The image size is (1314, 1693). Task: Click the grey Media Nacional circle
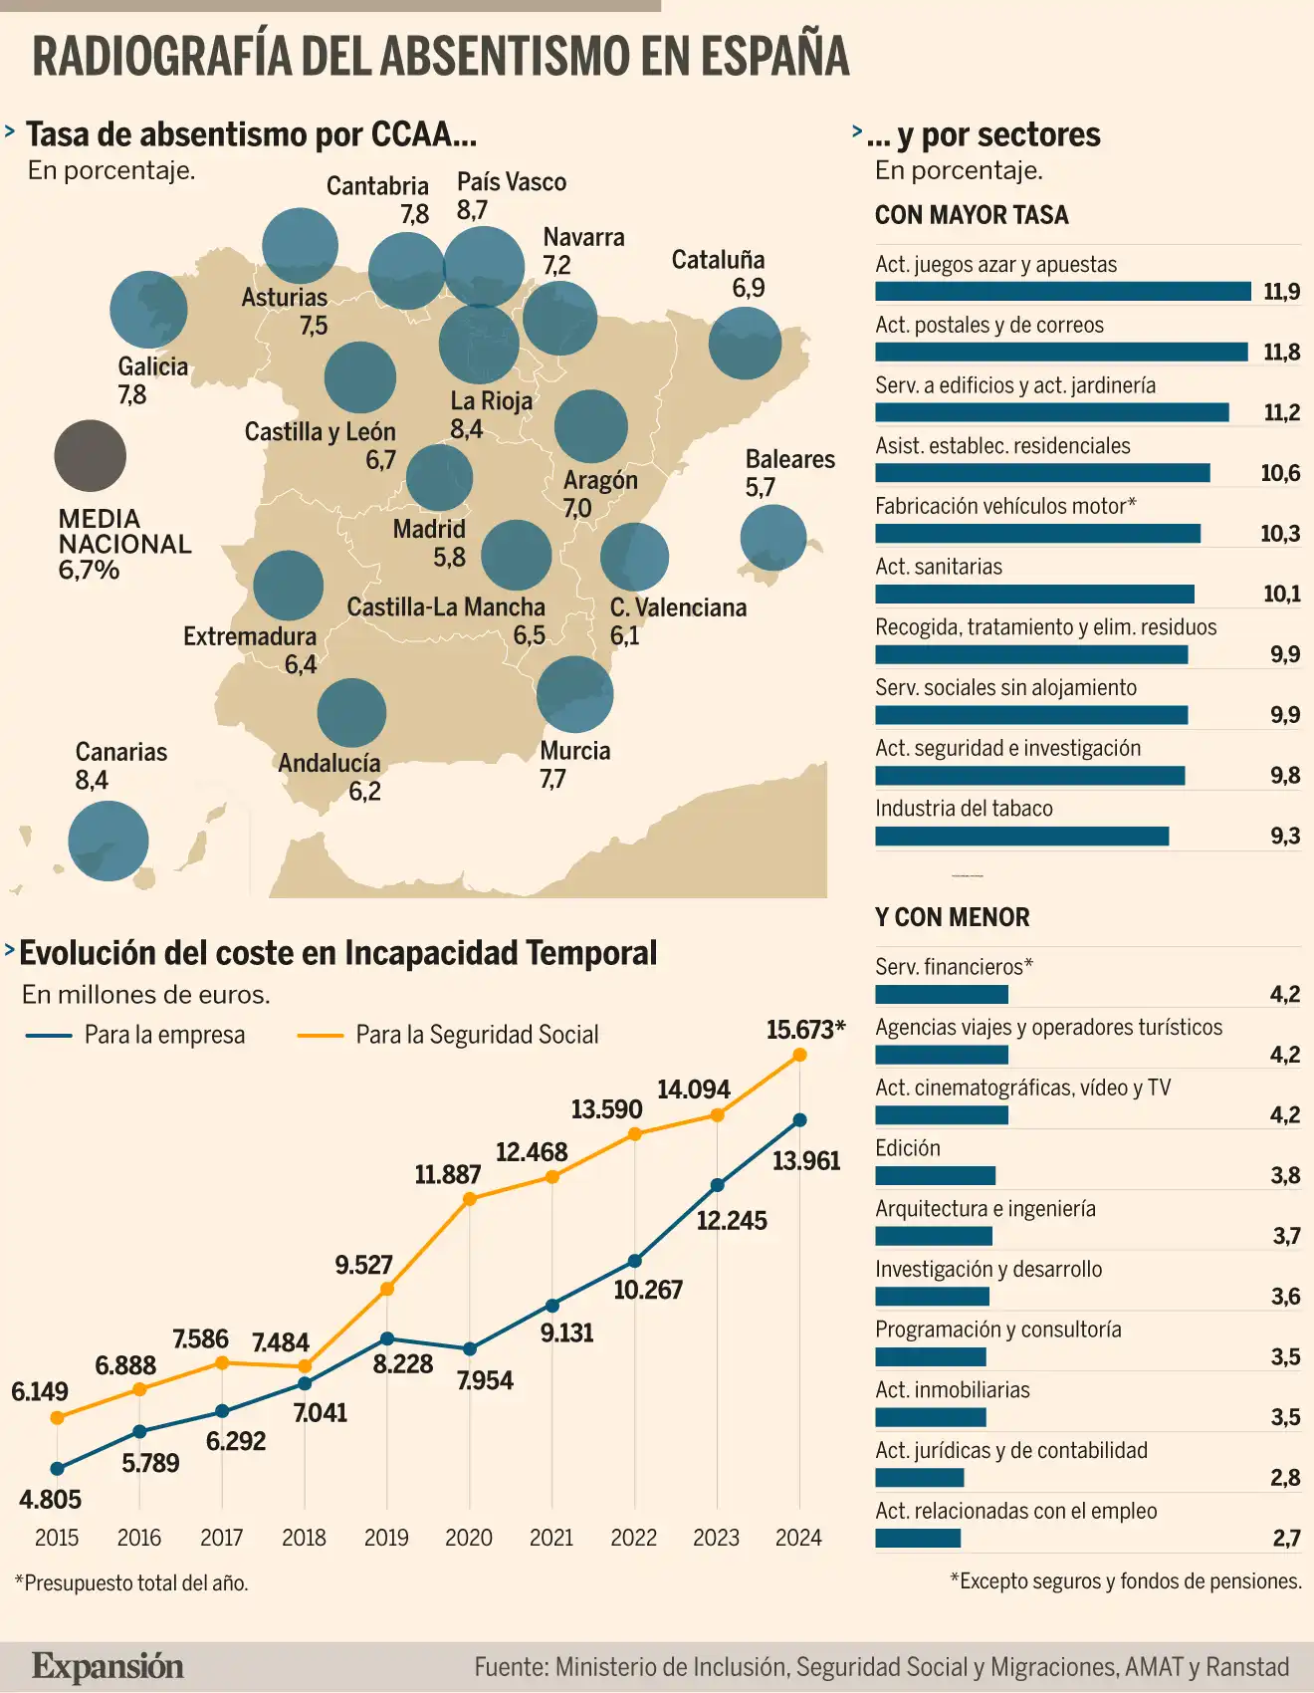click(91, 456)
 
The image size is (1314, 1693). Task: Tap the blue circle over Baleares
click(773, 538)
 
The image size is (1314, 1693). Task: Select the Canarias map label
click(120, 752)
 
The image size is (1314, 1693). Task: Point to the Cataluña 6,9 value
click(749, 288)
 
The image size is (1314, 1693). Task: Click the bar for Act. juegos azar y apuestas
click(1062, 291)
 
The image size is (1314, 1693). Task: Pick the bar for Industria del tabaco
click(1021, 836)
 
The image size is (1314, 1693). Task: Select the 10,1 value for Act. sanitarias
click(1281, 595)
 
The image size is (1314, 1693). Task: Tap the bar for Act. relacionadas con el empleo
click(918, 1539)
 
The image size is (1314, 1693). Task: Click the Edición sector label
click(907, 1148)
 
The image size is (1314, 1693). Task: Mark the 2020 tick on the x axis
click(469, 1538)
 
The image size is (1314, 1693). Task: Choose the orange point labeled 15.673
click(799, 1055)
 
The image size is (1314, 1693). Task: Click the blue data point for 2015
click(57, 1468)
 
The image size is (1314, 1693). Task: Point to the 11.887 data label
click(447, 1175)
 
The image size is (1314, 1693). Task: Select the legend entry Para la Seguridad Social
click(477, 1035)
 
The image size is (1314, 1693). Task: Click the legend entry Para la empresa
click(164, 1035)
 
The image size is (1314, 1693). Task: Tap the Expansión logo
click(108, 1666)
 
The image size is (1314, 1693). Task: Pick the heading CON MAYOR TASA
click(972, 215)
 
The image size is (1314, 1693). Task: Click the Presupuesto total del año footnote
click(131, 1582)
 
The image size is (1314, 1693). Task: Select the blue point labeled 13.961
click(799, 1120)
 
